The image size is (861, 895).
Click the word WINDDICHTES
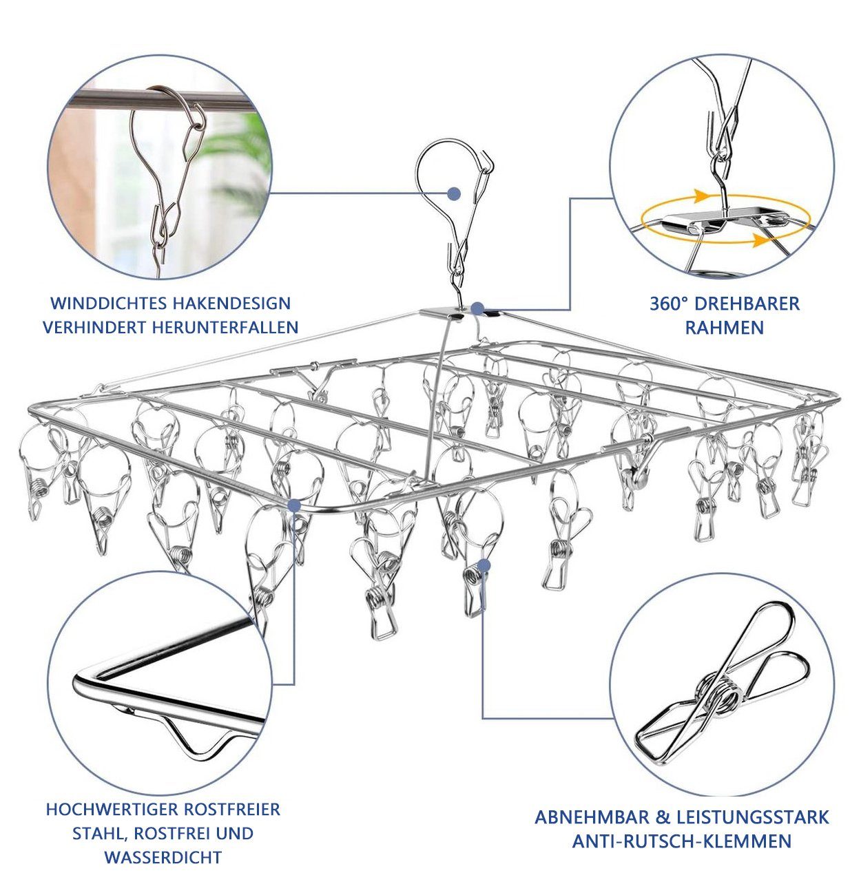(108, 304)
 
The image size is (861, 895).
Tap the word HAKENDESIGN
(232, 304)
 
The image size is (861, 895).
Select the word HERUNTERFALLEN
(225, 328)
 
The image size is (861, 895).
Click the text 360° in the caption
(667, 304)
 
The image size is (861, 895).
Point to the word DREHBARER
(747, 304)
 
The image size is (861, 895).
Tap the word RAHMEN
(725, 328)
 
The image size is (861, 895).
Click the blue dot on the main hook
(454, 193)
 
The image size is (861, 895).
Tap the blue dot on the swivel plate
(477, 308)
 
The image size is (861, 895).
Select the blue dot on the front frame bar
(294, 506)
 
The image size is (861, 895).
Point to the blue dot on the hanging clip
(484, 565)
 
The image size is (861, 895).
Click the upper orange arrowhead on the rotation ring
(702, 196)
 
